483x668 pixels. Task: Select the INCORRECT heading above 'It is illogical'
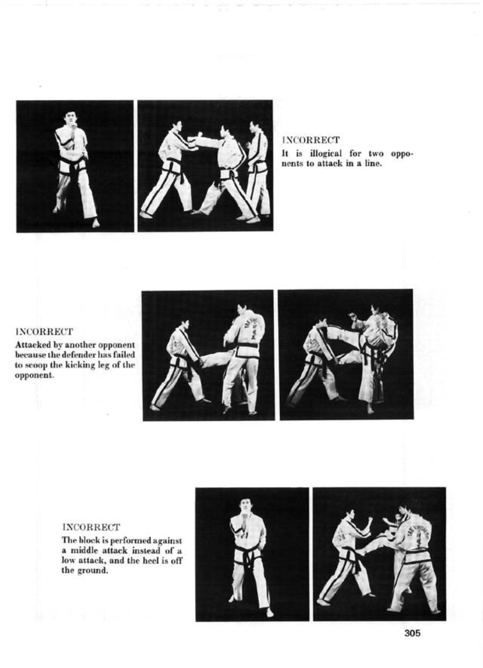click(311, 140)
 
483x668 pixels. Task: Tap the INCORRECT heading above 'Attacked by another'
click(44, 331)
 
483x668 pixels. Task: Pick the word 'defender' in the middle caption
click(77, 355)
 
